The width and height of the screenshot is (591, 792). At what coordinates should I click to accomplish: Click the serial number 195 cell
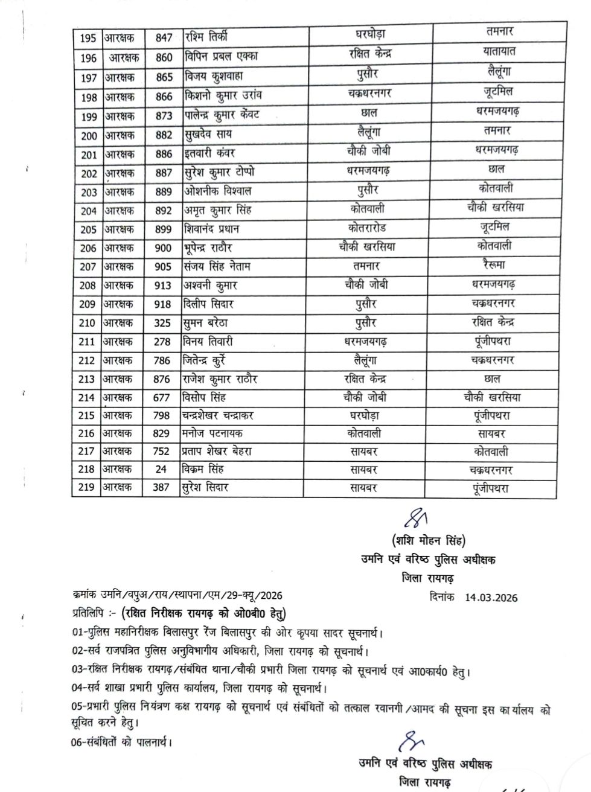[88, 37]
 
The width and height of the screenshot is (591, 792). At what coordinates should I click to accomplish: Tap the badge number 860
[164, 57]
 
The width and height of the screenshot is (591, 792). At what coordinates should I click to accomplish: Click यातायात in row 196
[499, 52]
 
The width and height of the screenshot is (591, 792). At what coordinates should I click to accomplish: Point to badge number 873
[164, 115]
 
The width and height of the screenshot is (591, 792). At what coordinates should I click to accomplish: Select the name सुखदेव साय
[208, 135]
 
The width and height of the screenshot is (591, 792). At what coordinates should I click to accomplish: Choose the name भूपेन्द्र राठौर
[208, 247]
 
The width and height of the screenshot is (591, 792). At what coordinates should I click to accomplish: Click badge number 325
[162, 323]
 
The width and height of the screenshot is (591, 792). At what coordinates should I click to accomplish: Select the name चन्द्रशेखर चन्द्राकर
[226, 416]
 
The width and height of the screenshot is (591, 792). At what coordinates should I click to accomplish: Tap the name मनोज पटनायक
[212, 433]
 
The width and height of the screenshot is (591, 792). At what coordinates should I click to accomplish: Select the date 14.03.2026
[491, 598]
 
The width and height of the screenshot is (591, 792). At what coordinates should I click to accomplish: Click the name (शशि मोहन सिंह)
[428, 540]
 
